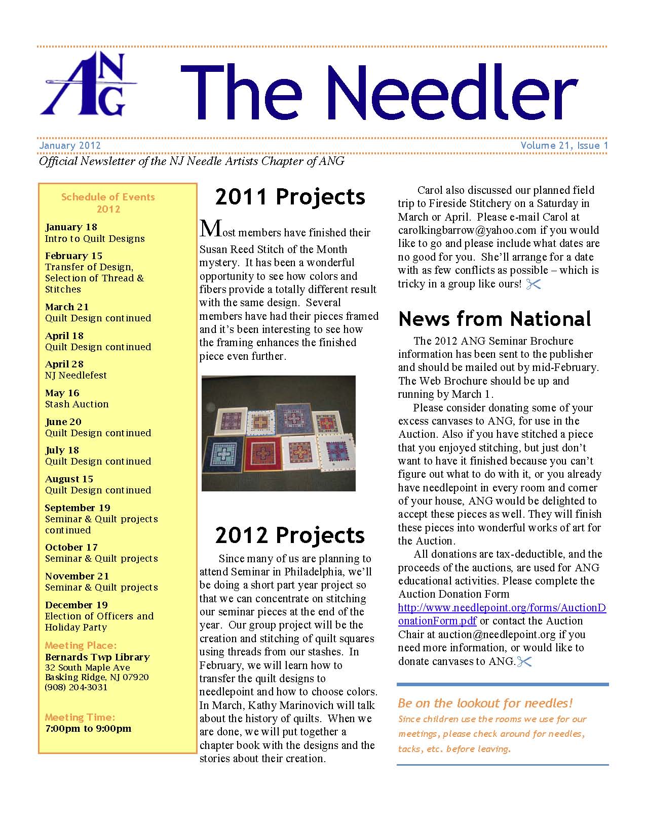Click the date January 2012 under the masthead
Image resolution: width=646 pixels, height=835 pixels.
70,146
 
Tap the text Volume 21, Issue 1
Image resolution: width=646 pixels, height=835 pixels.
564,146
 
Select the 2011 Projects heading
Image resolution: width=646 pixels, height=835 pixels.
290,197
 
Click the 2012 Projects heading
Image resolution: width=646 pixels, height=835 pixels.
290,535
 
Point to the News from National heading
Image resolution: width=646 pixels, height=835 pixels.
495,319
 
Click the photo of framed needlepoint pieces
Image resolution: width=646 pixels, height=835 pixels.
279,433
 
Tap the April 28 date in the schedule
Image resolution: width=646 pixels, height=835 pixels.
64,364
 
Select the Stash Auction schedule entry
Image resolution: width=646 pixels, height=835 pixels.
77,404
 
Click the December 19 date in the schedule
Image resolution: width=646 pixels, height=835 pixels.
76,605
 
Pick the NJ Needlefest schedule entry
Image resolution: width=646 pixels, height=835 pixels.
76,375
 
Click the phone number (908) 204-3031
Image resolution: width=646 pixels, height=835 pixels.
76,687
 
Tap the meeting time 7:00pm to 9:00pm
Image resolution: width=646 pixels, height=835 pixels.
88,729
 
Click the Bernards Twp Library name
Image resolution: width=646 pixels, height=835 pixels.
97,657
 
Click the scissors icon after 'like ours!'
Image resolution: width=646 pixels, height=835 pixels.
534,284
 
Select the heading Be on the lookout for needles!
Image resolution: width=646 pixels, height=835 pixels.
485,703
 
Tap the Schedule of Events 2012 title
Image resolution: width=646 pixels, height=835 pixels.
108,203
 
